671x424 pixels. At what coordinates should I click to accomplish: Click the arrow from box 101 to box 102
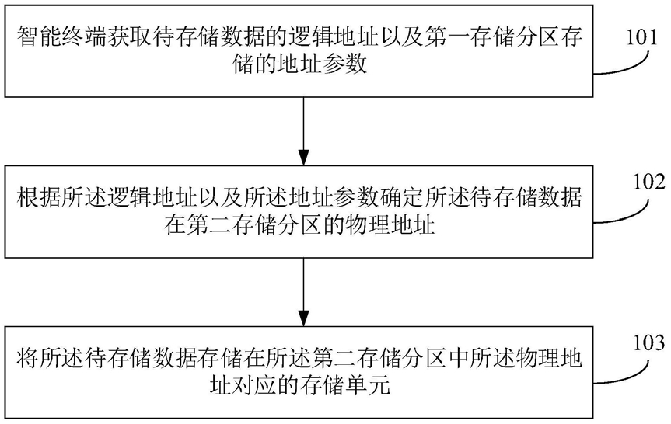303,131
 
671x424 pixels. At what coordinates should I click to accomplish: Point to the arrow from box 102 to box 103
303,292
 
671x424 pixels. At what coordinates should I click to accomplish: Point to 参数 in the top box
345,65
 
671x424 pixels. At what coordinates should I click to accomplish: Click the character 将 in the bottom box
28,358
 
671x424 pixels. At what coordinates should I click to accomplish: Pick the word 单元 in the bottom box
368,386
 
